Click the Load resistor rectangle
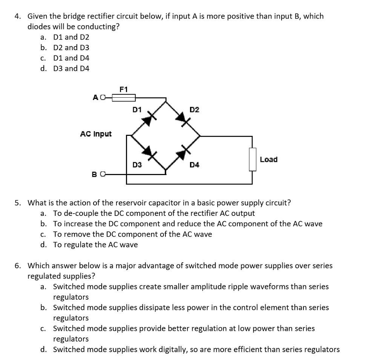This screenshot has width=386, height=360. coord(253,159)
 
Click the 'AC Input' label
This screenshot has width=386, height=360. coord(96,134)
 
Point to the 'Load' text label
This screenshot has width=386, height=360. coord(269,159)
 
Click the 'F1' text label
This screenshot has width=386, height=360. coord(123,89)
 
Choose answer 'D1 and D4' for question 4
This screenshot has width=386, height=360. coord(71,58)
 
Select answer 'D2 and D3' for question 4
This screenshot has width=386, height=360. coord(71,48)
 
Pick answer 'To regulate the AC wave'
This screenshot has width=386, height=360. coord(95,245)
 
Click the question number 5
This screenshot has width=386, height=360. coord(17,203)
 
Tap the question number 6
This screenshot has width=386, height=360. coord(17,265)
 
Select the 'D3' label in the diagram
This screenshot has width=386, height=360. coord(137,165)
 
